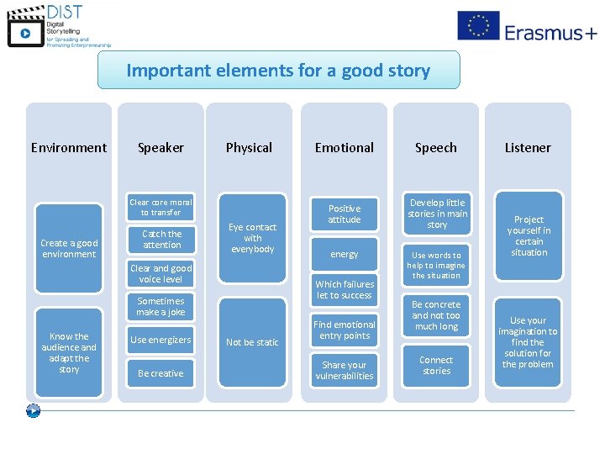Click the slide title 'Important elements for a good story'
click(x=278, y=71)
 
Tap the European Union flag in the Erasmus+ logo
click(x=478, y=26)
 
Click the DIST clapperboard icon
click(x=25, y=28)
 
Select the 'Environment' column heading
click(x=69, y=148)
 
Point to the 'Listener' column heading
click(x=528, y=148)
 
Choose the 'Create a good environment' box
click(x=69, y=249)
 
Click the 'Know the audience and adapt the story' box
click(x=69, y=352)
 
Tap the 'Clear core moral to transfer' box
click(x=160, y=208)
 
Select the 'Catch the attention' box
click(x=161, y=240)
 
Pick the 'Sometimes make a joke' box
click(x=160, y=307)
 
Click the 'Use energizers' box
click(x=160, y=340)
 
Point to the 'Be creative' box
click(x=160, y=373)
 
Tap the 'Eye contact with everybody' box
click(x=253, y=238)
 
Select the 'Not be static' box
click(x=252, y=342)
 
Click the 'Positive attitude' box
click(x=345, y=214)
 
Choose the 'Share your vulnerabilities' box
click(x=345, y=371)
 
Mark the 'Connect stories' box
click(x=436, y=365)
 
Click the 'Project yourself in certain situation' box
click(x=529, y=236)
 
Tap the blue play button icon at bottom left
click(x=33, y=411)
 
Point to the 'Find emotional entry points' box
click(x=345, y=330)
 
